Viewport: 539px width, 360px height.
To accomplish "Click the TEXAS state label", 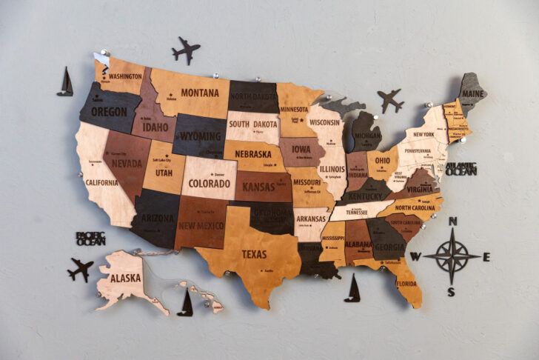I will tap(254, 254).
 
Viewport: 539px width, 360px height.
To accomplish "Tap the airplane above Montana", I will tap(186, 50).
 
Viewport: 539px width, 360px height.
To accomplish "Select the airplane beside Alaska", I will tap(80, 268).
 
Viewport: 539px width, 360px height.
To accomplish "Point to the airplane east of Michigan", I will tap(390, 100).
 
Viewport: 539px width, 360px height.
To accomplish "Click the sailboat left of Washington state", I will tap(65, 82).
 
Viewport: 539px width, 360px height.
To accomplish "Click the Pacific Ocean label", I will tap(90, 239).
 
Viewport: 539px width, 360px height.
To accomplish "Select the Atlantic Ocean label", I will tap(461, 169).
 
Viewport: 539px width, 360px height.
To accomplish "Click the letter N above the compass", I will tap(453, 221).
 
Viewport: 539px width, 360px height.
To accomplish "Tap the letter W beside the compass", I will tap(415, 258).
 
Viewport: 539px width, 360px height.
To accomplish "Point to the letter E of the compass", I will tap(486, 257).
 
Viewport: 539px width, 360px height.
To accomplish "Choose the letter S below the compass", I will tap(451, 292).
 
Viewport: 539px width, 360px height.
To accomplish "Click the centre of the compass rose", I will tap(451, 256).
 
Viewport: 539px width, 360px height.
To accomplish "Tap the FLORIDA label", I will tap(406, 283).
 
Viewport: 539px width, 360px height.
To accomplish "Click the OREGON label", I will tap(109, 113).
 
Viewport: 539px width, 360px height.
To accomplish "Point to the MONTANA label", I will tap(199, 93).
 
